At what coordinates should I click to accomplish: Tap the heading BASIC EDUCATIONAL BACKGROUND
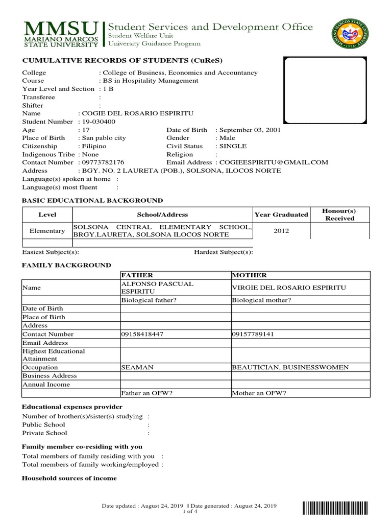coord(92,201)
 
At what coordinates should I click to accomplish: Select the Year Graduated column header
coord(281,215)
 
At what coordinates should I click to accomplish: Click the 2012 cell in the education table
coord(281,231)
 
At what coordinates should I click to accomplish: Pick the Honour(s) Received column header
coord(339,215)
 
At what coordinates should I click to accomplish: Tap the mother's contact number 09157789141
coord(253,335)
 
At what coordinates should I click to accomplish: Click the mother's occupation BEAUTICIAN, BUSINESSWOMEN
coord(290,367)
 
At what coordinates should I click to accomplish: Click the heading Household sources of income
coord(69,478)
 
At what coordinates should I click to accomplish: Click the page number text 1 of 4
coord(189,512)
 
